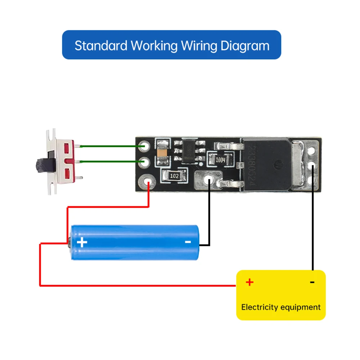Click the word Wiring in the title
point(199,46)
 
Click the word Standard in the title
point(101,46)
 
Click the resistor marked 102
point(175,176)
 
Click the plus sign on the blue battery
point(82,242)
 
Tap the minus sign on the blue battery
point(188,242)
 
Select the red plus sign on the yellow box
point(249,282)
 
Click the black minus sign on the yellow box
point(312,282)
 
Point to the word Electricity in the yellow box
point(260,307)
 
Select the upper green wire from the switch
point(112,146)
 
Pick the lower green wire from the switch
point(112,161)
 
